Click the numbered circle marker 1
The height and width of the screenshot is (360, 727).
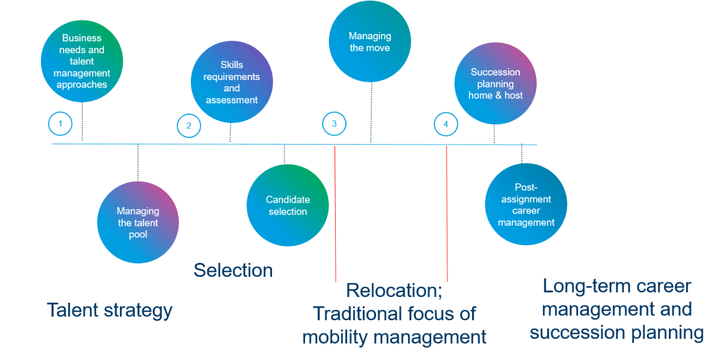pyautogui.click(x=60, y=124)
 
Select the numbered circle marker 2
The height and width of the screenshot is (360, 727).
pyautogui.click(x=189, y=126)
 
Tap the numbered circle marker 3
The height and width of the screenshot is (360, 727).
pyautogui.click(x=334, y=123)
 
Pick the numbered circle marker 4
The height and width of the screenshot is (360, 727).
pyautogui.click(x=446, y=124)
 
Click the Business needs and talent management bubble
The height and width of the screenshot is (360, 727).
pyautogui.click(x=82, y=61)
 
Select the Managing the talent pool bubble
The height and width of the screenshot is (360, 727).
pyautogui.click(x=138, y=222)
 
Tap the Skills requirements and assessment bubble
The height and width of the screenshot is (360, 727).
pyautogui.click(x=231, y=82)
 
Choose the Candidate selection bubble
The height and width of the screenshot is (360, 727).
pyautogui.click(x=287, y=205)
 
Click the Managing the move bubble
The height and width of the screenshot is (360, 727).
pyautogui.click(x=370, y=41)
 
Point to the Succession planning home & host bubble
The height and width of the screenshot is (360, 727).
pyautogui.click(x=495, y=83)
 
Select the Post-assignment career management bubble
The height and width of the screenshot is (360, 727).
pyautogui.click(x=526, y=204)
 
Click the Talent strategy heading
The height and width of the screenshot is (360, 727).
pyautogui.click(x=110, y=311)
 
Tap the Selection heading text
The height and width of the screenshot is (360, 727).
pyautogui.click(x=233, y=270)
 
